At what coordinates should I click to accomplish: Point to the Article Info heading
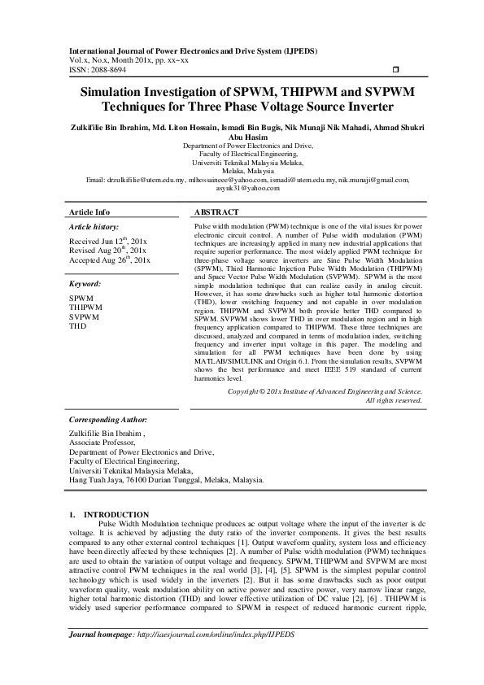(x=89, y=212)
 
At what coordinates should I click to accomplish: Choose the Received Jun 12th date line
(x=107, y=241)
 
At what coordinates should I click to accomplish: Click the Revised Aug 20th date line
(x=107, y=251)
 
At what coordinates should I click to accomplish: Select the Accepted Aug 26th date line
(x=110, y=260)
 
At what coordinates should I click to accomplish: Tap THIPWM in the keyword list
(x=85, y=308)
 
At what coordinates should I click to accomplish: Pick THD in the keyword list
(x=77, y=325)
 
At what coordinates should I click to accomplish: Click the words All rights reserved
(x=394, y=399)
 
